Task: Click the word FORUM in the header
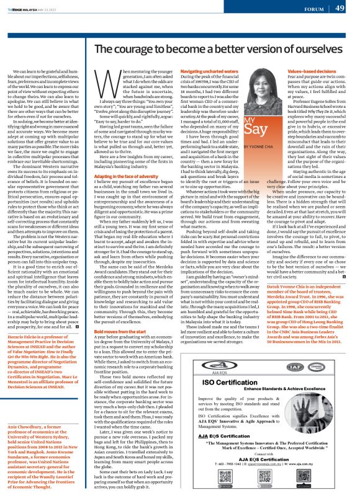312,9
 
